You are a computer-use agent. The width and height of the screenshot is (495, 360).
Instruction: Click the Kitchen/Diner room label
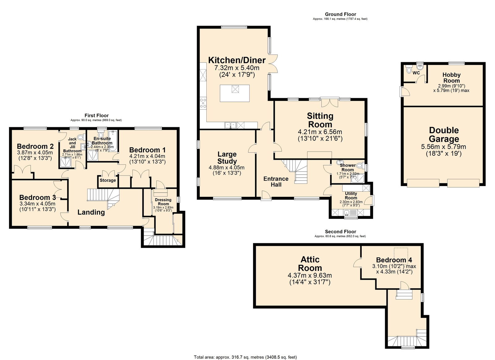(x=237, y=60)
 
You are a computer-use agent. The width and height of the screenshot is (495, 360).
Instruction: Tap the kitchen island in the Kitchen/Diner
(x=235, y=93)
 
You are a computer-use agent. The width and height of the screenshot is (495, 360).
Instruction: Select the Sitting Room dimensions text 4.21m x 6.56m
(x=320, y=132)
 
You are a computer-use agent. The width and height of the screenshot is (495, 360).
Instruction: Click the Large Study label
(x=227, y=158)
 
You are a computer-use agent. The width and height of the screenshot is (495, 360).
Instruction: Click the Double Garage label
(x=444, y=135)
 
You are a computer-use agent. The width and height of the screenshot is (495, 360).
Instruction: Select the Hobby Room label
(x=451, y=78)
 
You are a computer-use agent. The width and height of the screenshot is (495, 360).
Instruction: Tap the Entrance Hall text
(x=276, y=182)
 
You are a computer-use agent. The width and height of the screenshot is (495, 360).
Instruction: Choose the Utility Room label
(x=351, y=196)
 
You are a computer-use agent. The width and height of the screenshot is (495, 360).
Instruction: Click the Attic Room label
(x=310, y=264)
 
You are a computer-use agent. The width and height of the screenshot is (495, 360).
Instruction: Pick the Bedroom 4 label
(x=394, y=260)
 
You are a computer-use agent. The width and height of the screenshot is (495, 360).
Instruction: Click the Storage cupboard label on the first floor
(x=108, y=180)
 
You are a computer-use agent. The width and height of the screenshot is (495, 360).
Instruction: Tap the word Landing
(x=91, y=212)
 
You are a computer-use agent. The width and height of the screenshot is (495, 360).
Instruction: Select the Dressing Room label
(x=163, y=202)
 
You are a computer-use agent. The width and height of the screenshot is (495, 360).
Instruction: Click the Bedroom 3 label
(x=37, y=197)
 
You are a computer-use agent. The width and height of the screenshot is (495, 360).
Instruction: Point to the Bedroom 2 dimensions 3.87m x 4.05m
(x=35, y=153)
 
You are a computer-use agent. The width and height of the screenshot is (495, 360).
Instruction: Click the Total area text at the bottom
(x=245, y=357)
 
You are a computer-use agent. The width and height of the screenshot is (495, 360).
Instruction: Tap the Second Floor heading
(x=340, y=232)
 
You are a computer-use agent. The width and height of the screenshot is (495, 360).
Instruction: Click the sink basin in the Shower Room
(x=340, y=162)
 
